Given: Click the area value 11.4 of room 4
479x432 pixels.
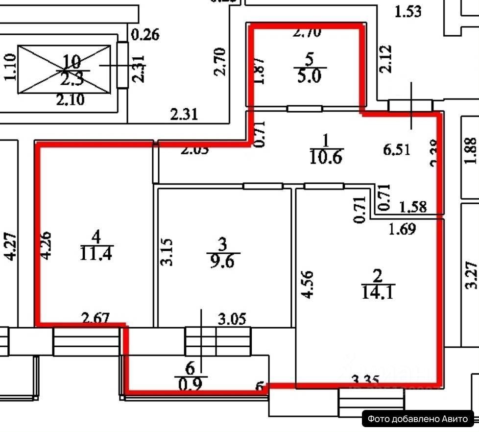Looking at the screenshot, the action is (x=96, y=255).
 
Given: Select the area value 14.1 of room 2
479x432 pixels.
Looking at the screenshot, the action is (x=376, y=293).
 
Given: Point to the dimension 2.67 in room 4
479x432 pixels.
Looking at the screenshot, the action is (x=96, y=318).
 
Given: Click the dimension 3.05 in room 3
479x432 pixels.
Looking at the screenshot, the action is (x=232, y=318).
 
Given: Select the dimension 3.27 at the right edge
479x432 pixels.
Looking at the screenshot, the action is (x=471, y=275).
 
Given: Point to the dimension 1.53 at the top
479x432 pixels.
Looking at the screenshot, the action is (x=407, y=10).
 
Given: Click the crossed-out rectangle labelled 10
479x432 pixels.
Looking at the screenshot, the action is (x=64, y=69).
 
